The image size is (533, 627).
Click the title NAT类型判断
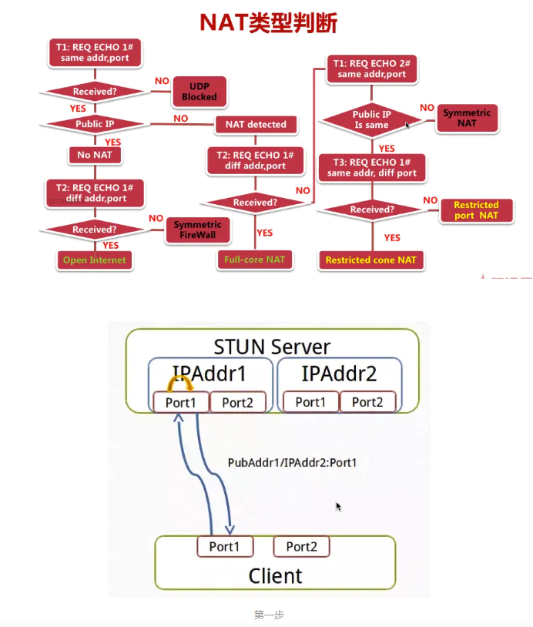coord(268,22)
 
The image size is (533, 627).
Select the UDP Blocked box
coord(199,92)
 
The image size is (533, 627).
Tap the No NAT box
coord(95,155)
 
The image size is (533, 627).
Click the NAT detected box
coord(256,124)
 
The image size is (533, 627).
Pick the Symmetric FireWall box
coord(197,230)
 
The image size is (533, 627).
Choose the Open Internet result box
coord(94,260)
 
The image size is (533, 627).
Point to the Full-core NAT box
coord(255,260)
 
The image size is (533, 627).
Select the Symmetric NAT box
coord(467,118)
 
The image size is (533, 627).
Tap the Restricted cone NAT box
coord(370,260)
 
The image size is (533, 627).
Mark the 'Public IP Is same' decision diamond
coord(371,119)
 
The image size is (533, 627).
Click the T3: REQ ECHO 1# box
coord(371,168)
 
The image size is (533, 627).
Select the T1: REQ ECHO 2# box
coord(371,69)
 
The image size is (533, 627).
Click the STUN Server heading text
coord(271,346)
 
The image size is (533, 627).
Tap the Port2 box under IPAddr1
coord(237,402)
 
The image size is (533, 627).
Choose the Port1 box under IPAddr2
coord(310,402)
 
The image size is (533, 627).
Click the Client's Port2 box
coord(301,546)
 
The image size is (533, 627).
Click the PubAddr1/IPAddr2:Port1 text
coord(292,463)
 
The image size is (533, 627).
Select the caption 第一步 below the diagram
coord(269,615)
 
